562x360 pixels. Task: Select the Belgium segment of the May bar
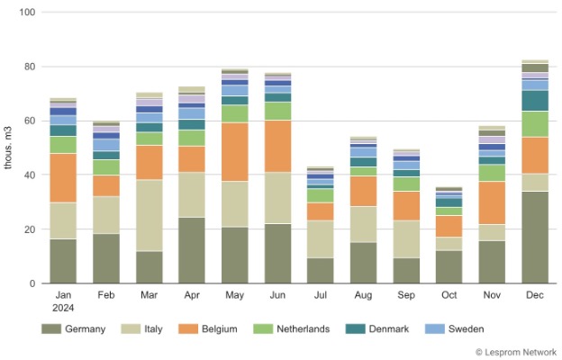click(235, 151)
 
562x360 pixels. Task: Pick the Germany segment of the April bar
click(192, 249)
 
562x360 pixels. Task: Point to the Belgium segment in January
click(63, 177)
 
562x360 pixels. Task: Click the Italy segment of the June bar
click(278, 197)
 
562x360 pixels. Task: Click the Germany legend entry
click(74, 329)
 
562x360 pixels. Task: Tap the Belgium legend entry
click(209, 329)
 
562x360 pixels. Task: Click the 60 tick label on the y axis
click(28, 121)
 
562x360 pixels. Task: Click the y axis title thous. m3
click(9, 148)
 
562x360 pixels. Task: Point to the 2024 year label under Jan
click(63, 306)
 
